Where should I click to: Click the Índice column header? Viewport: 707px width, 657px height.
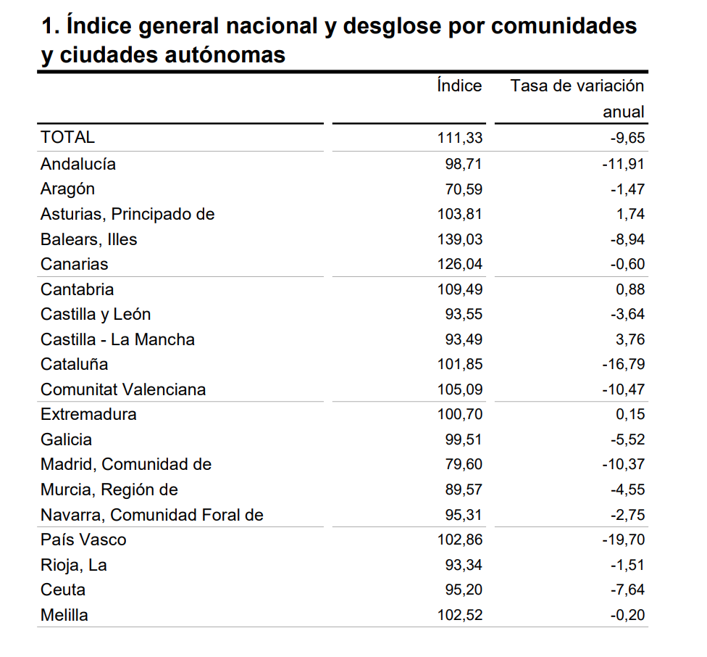point(459,86)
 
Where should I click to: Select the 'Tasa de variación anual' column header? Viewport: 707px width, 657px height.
point(577,98)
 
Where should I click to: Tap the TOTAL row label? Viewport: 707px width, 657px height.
point(67,137)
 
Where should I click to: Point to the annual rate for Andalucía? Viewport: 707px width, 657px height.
point(623,164)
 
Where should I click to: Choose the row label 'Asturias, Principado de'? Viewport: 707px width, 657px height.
point(127,214)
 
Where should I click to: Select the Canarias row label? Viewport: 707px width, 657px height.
point(74,264)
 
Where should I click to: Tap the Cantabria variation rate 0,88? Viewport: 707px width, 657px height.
point(627,289)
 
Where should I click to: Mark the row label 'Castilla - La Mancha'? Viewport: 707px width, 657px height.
point(117,339)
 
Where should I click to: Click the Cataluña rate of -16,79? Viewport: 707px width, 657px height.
point(623,364)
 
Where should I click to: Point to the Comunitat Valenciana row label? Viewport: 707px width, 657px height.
point(123,389)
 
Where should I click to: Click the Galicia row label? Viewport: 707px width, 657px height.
point(66,439)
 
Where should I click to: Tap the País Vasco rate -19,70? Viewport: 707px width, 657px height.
point(623,540)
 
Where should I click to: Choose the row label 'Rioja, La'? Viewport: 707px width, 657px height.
point(74,565)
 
